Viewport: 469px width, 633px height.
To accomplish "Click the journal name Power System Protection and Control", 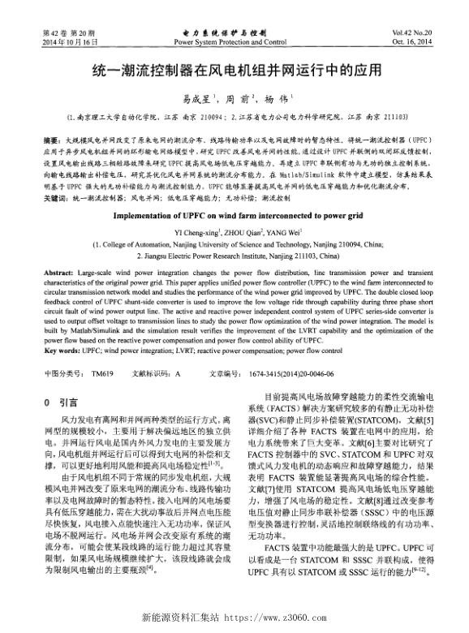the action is coord(230,41).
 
